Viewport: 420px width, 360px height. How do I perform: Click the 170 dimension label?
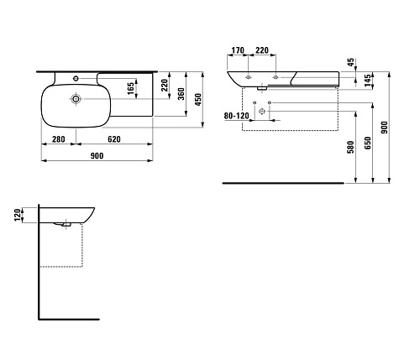pyautogui.click(x=238, y=50)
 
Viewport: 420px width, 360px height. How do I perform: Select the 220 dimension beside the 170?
pyautogui.click(x=262, y=50)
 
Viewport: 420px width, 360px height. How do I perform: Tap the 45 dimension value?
pyautogui.click(x=350, y=62)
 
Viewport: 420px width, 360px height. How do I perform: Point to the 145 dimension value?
pyautogui.click(x=368, y=80)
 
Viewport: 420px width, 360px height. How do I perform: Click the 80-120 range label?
pyautogui.click(x=236, y=116)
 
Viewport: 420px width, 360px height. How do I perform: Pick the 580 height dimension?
pyautogui.click(x=350, y=147)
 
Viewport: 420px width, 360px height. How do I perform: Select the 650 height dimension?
pyautogui.click(x=368, y=143)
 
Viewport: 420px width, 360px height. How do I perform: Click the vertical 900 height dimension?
pyautogui.click(x=385, y=128)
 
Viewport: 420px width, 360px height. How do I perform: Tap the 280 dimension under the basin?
pyautogui.click(x=59, y=139)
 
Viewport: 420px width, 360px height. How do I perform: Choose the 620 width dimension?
pyautogui.click(x=114, y=139)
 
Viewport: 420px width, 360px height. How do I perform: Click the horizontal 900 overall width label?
pyautogui.click(x=97, y=156)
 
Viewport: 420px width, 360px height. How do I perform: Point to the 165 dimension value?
pyautogui.click(x=131, y=88)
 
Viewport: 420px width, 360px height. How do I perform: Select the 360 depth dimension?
pyautogui.click(x=181, y=94)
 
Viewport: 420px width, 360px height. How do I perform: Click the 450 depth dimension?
pyautogui.click(x=198, y=99)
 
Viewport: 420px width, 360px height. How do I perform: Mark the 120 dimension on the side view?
pyautogui.click(x=18, y=215)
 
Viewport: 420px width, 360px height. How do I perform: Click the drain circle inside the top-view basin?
pyautogui.click(x=76, y=99)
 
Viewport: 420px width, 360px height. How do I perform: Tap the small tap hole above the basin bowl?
pyautogui.click(x=76, y=79)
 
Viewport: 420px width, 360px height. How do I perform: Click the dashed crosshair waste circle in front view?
pyautogui.click(x=262, y=112)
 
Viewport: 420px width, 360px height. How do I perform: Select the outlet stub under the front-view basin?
pyautogui.click(x=262, y=89)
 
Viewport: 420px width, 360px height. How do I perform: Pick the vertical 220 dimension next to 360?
pyautogui.click(x=165, y=85)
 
